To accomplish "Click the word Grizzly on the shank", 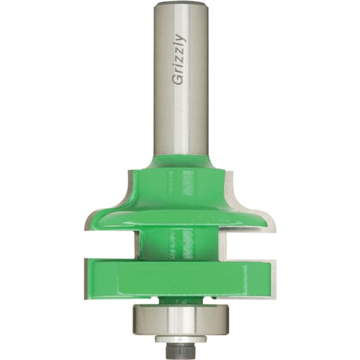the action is tap(179, 60).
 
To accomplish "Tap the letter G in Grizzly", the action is tap(178, 80).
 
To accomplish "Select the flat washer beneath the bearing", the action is tap(180, 338).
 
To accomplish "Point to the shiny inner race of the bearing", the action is tap(180, 322).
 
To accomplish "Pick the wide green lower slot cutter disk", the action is tap(179, 279).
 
